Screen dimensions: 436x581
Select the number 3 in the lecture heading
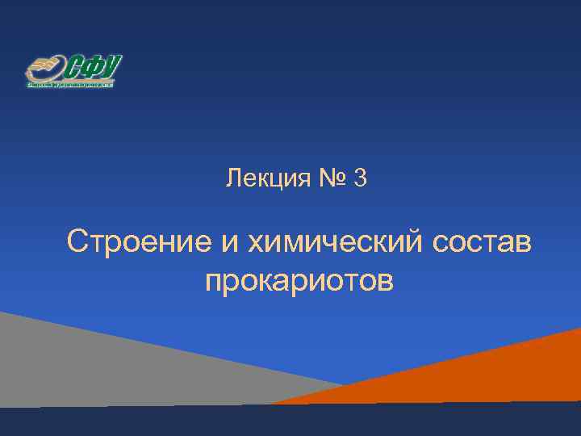[x=360, y=178]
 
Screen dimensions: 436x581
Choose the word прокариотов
[x=300, y=282]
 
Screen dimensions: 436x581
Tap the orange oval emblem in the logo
[x=45, y=68]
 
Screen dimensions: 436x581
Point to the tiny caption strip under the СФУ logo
[x=71, y=83]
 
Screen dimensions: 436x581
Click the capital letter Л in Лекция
[x=233, y=178]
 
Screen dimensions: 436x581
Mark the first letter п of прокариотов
[x=214, y=283]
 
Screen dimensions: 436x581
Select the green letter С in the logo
[x=75, y=67]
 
